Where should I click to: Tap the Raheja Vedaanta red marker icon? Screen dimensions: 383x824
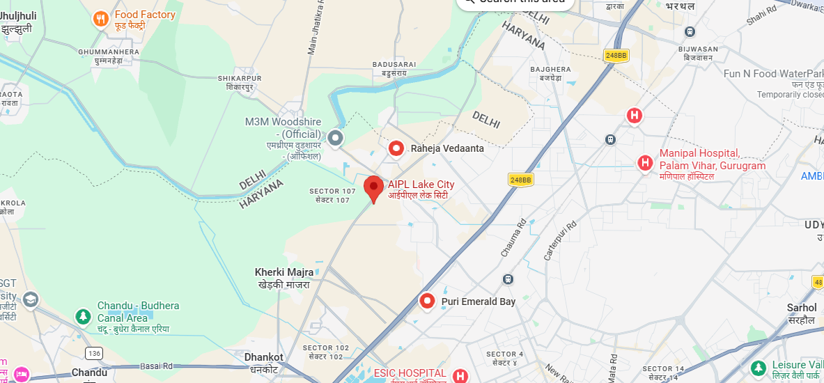click(x=396, y=148)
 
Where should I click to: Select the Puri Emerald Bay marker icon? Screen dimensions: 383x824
click(x=427, y=302)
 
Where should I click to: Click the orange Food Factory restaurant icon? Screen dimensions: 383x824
click(x=102, y=19)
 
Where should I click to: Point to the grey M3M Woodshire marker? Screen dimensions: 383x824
click(x=336, y=138)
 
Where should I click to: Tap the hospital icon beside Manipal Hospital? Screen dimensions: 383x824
click(x=646, y=163)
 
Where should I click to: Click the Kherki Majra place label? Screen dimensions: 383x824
click(x=284, y=272)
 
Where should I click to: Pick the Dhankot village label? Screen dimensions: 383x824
click(x=264, y=357)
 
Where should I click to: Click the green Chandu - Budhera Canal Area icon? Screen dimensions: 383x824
click(x=83, y=316)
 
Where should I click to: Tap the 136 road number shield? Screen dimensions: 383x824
click(x=95, y=354)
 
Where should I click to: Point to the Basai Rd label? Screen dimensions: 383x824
click(x=157, y=366)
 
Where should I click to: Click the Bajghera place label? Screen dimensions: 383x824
click(x=550, y=70)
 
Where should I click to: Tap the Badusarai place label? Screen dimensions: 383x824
click(x=394, y=64)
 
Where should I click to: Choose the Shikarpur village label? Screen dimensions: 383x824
click(x=240, y=78)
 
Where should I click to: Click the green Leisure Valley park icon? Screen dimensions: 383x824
click(x=759, y=366)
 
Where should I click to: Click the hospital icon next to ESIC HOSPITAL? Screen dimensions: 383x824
click(x=459, y=376)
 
